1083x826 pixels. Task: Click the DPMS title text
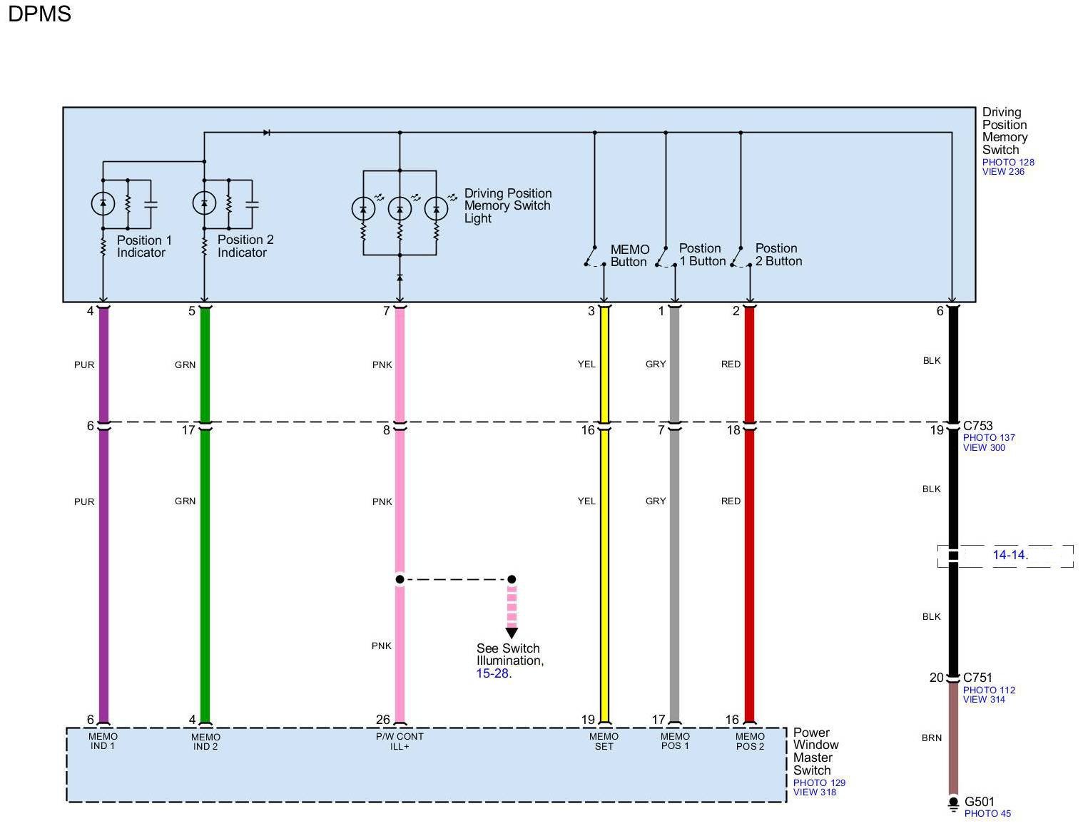(x=39, y=14)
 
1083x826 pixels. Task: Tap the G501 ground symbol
(x=953, y=804)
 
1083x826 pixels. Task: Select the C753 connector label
(x=977, y=426)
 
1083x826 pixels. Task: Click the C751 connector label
(x=977, y=678)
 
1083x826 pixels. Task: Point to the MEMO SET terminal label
(x=604, y=741)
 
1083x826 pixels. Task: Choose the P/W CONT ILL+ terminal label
(x=400, y=741)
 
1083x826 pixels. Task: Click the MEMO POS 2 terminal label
(x=750, y=741)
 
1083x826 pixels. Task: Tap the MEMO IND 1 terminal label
(x=103, y=741)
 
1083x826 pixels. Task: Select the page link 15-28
(x=492, y=673)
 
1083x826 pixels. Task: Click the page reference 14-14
(x=1010, y=555)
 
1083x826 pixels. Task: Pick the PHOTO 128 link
(x=1007, y=162)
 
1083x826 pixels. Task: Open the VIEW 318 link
(x=814, y=792)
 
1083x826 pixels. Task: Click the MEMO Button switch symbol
(x=594, y=258)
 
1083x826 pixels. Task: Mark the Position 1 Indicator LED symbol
(x=103, y=204)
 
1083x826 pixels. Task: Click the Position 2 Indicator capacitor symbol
(x=252, y=204)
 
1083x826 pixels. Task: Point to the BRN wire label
(x=931, y=738)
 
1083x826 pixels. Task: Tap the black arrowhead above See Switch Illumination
(x=512, y=633)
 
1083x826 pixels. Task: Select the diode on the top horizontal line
(x=267, y=133)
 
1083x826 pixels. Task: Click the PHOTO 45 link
(x=987, y=813)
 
